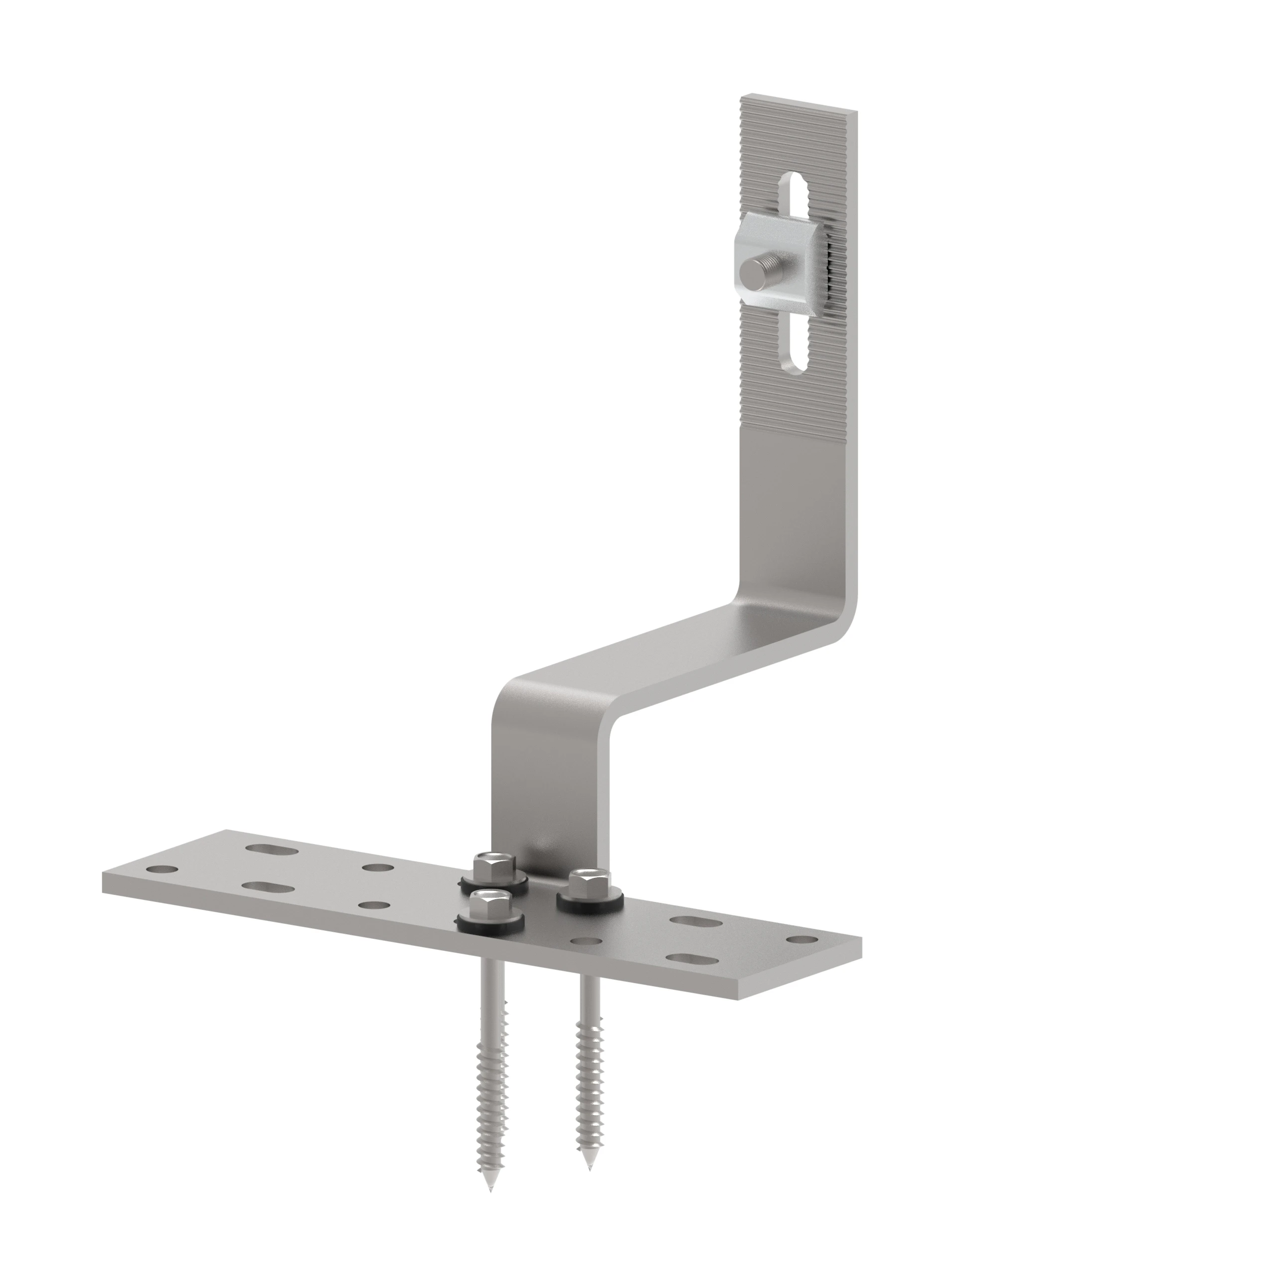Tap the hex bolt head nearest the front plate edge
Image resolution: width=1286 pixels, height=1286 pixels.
pyautogui.click(x=487, y=904)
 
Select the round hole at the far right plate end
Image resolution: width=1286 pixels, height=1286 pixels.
pyautogui.click(x=803, y=940)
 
